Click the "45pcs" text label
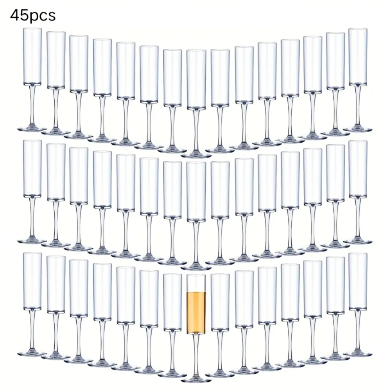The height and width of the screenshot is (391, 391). click(33, 16)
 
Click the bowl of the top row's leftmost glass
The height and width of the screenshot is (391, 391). click(32, 56)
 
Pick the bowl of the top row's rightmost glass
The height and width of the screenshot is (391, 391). click(358, 56)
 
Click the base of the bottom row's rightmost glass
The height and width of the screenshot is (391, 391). click(358, 353)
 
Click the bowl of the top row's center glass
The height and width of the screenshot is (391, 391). click(196, 79)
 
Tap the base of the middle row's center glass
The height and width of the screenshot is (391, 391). click(196, 267)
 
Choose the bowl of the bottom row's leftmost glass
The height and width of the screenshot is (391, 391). click(32, 281)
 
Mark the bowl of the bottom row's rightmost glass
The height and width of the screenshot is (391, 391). click(358, 281)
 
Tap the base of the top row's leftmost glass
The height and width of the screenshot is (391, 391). click(32, 129)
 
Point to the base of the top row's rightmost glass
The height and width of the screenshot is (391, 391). click(358, 129)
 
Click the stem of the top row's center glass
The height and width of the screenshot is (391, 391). click(196, 131)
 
